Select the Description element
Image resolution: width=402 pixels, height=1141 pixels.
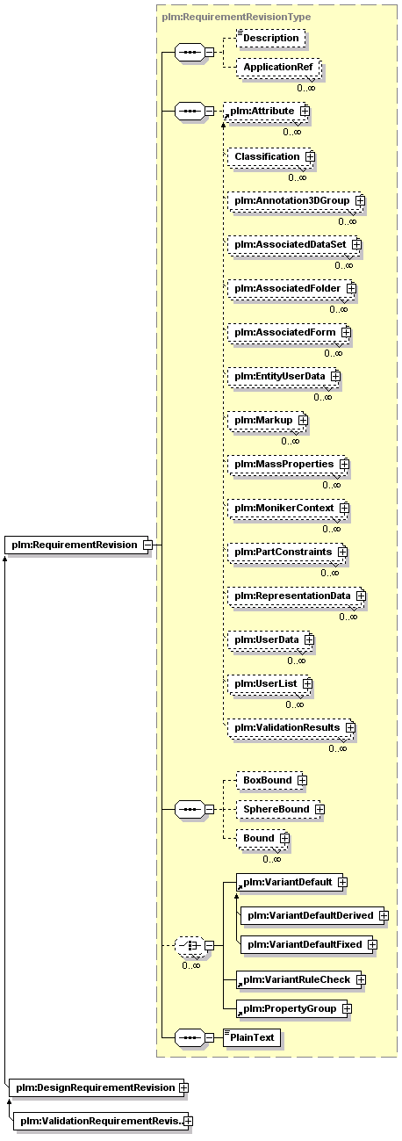tap(270, 38)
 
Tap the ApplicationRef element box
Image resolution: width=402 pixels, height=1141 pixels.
tap(278, 68)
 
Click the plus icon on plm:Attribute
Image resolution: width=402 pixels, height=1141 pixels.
tap(305, 111)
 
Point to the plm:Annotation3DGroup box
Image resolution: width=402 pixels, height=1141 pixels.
tap(296, 200)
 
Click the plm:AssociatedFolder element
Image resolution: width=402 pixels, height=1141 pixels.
tap(291, 288)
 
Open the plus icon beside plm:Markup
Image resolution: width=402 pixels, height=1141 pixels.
tap(303, 420)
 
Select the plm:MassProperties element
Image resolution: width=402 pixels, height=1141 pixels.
tap(289, 464)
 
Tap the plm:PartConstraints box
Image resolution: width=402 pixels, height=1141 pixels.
tap(288, 552)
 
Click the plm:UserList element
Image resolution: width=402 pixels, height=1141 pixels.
tap(269, 683)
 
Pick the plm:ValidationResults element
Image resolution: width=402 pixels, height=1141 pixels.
tap(291, 727)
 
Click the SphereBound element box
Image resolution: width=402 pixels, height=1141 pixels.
tap(280, 809)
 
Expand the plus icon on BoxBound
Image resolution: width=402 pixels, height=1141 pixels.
tap(302, 780)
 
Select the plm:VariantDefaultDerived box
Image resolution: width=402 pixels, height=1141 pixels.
tap(314, 915)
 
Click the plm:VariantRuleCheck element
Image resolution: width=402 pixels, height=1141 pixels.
tap(301, 979)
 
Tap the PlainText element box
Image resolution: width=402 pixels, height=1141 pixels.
tap(251, 1037)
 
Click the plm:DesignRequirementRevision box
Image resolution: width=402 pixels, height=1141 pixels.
tap(98, 1087)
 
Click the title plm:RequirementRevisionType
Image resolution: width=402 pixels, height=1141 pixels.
tap(236, 17)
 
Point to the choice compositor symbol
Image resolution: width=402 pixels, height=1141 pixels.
tap(190, 946)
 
